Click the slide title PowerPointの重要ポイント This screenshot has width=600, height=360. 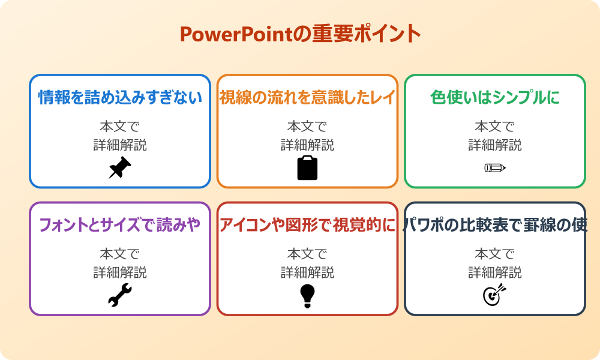300,34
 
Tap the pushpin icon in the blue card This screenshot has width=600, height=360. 119,168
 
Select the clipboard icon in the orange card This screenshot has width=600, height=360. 307,168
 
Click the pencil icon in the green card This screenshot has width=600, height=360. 494,167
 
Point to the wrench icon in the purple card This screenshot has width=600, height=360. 119,295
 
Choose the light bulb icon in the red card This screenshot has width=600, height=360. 307,295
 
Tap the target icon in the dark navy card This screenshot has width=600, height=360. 494,295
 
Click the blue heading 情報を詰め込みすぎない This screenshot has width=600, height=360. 120,97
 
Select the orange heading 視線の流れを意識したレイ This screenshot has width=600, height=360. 307,97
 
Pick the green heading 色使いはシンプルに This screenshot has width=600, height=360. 495,97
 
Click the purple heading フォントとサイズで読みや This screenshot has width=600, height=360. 120,225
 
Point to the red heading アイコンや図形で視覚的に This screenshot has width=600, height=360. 307,225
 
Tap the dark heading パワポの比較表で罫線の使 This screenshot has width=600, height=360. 495,225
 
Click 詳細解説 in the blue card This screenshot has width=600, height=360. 120,145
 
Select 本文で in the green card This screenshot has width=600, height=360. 495,127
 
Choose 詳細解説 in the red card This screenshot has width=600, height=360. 307,273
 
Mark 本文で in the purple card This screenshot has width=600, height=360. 120,254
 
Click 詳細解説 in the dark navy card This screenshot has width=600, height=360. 495,273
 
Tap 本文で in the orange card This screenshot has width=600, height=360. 307,127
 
